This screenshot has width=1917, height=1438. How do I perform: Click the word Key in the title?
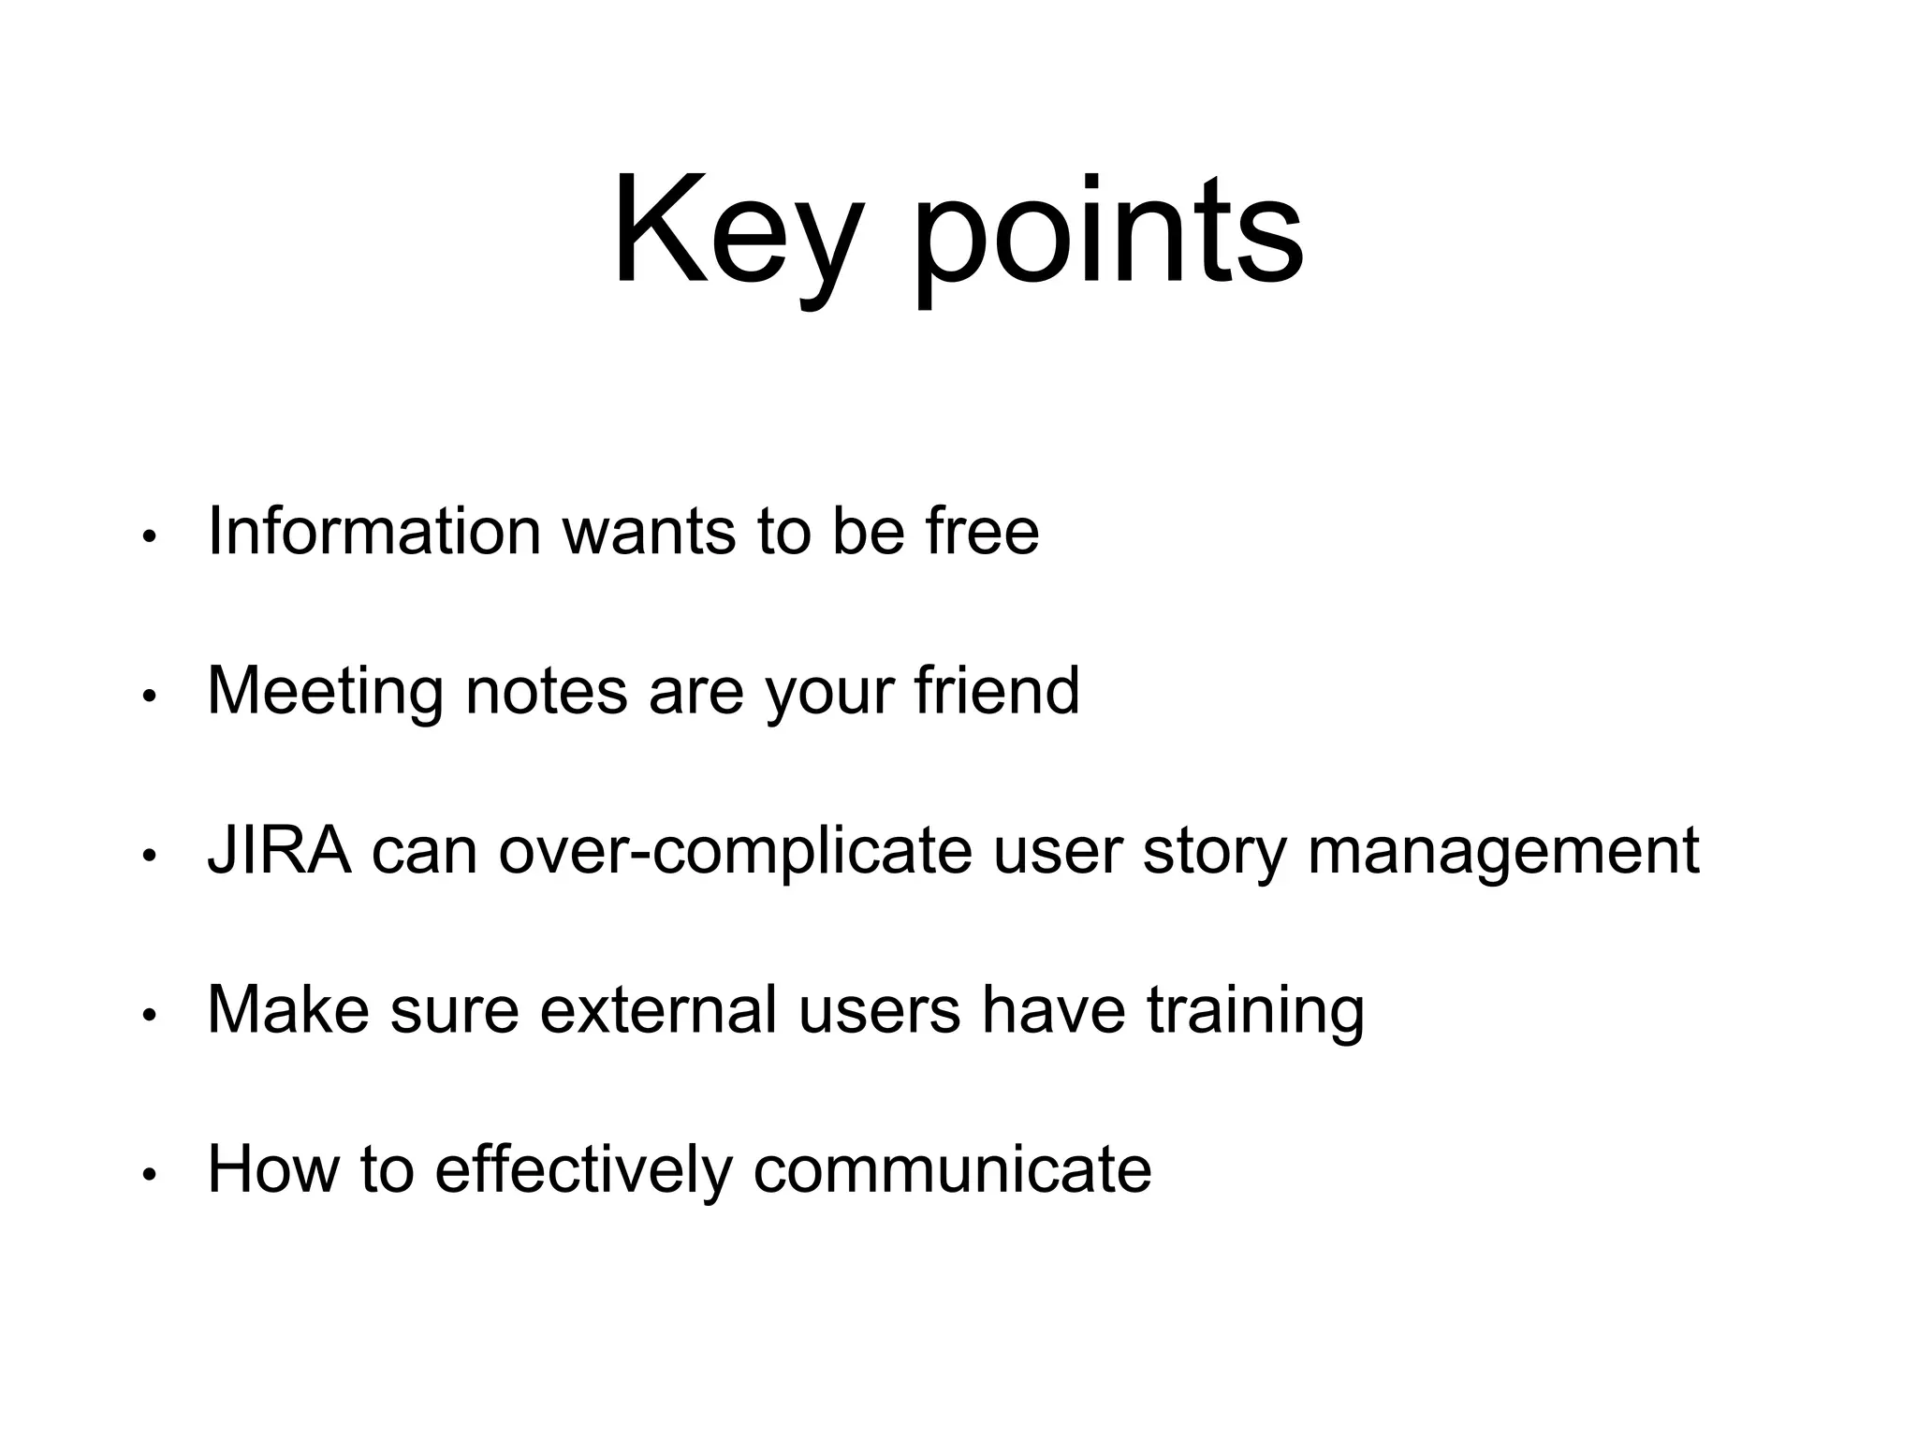(x=736, y=232)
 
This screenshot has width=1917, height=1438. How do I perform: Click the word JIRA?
(x=280, y=850)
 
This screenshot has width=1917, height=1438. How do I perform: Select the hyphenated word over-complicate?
(x=736, y=850)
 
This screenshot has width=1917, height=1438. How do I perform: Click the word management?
(x=1503, y=852)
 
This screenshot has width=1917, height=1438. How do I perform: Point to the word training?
(x=1255, y=1011)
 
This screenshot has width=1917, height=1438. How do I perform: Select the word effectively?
(x=583, y=1170)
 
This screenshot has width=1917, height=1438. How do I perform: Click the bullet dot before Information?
(x=148, y=537)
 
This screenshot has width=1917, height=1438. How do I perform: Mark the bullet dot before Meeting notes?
(x=148, y=697)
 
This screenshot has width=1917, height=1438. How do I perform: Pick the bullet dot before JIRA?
(x=148, y=856)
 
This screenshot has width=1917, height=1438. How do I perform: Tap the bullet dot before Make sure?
(x=148, y=1015)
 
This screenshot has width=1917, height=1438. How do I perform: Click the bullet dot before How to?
(x=148, y=1174)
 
